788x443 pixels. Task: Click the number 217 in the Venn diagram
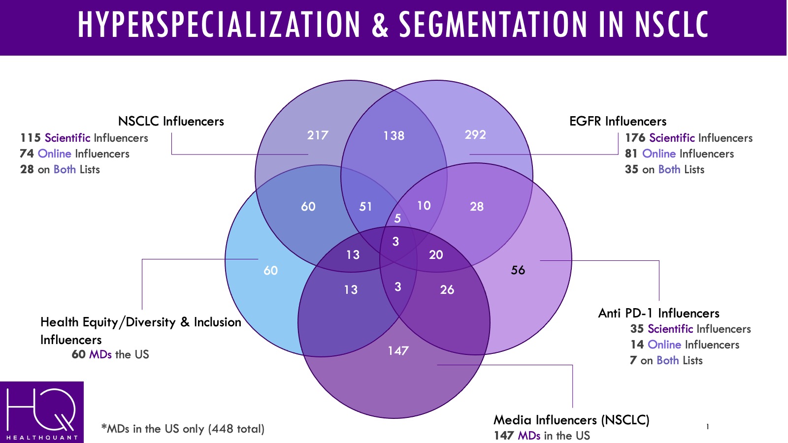(x=318, y=135)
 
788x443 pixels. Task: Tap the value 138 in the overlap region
(x=394, y=135)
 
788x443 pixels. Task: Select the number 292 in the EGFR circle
(x=475, y=134)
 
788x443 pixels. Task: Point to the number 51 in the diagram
(x=365, y=206)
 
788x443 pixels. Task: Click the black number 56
(x=518, y=270)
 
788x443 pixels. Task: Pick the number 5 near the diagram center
(x=397, y=218)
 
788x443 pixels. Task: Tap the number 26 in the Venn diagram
(x=447, y=289)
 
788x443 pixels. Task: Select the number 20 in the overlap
(x=436, y=254)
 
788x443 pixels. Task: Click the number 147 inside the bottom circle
(x=398, y=350)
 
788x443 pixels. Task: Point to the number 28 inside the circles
(x=476, y=206)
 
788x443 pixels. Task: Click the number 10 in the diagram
(x=424, y=205)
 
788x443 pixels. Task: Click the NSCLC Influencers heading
(x=171, y=121)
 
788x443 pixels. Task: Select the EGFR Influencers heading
(x=618, y=121)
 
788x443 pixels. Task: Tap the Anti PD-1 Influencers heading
(x=658, y=313)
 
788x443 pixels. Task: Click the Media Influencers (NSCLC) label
(x=571, y=420)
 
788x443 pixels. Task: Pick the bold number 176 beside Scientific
(x=635, y=138)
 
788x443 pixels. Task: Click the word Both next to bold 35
(x=669, y=169)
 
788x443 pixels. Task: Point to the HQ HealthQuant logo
(x=42, y=412)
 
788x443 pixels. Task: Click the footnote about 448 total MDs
(x=183, y=429)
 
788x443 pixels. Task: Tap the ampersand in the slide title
(x=380, y=25)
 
